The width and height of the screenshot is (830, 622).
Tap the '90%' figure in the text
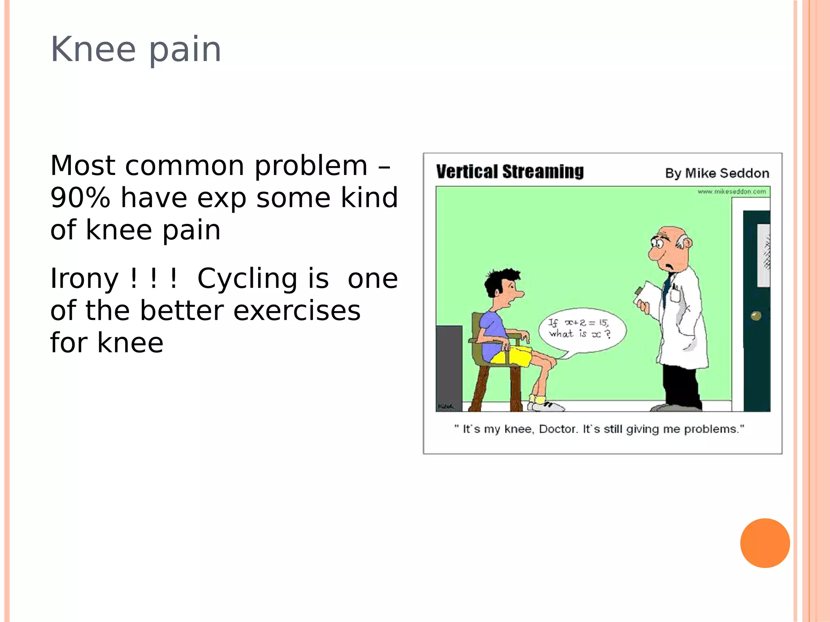80,198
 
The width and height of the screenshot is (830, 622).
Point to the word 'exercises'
297,311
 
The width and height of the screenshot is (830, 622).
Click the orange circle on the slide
765,543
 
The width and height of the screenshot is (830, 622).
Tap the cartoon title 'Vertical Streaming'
510,172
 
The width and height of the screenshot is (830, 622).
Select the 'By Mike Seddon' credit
717,173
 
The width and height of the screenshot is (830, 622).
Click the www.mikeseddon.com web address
732,192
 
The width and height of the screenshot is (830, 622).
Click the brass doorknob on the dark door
756,315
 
